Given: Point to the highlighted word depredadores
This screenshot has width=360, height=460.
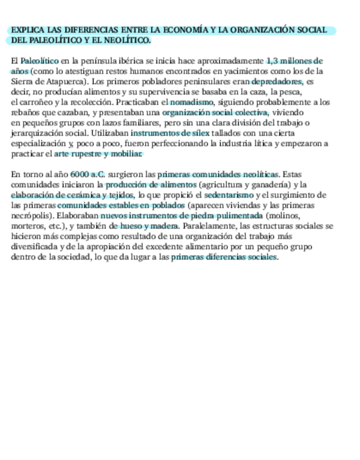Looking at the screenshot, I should [277, 81].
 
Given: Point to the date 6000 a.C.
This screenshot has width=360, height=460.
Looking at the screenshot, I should [87, 175].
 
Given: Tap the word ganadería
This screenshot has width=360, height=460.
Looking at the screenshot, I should [270, 185].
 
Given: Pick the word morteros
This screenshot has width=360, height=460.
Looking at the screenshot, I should [26, 226].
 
